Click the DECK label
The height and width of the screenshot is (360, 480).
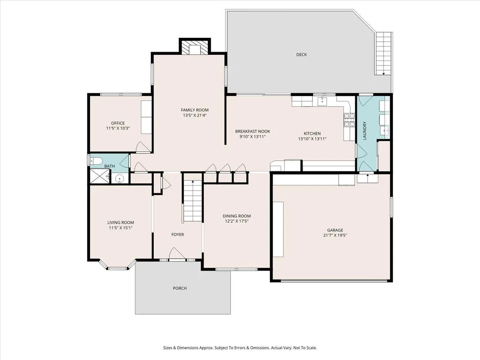(x=301, y=54)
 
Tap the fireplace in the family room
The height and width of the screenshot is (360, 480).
(x=195, y=47)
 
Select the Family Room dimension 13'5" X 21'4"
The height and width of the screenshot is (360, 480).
(x=195, y=116)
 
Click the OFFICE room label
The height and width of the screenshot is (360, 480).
(x=118, y=123)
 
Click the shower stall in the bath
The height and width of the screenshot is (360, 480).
(x=99, y=176)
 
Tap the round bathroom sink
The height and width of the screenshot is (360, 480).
(x=119, y=178)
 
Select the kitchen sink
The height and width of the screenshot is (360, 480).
(x=322, y=101)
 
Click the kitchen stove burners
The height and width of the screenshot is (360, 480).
(x=349, y=120)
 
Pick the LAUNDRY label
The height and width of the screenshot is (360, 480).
(x=365, y=131)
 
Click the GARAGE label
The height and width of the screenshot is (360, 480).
(x=335, y=230)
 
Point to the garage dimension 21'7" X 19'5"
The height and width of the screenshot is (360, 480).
(x=335, y=235)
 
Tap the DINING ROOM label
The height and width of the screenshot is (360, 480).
(x=236, y=216)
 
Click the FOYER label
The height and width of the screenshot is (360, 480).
(x=177, y=235)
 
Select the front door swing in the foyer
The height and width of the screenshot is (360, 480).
(x=177, y=253)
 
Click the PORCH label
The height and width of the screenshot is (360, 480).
(x=180, y=288)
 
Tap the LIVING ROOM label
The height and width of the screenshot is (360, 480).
(x=121, y=222)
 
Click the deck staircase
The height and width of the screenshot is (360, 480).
(x=384, y=53)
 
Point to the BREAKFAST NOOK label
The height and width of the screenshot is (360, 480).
(x=252, y=132)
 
